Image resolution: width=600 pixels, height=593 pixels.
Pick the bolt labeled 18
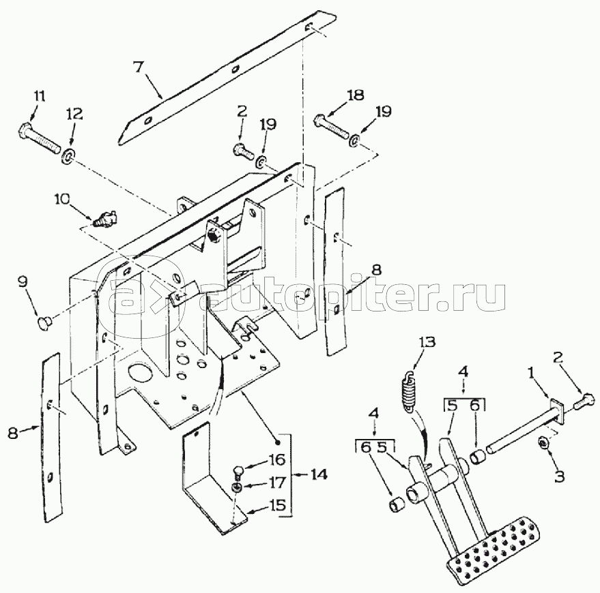click(332, 128)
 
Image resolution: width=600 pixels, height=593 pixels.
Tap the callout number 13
click(427, 343)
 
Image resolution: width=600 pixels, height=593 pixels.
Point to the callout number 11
click(40, 95)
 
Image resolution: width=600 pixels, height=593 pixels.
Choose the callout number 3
click(559, 476)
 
